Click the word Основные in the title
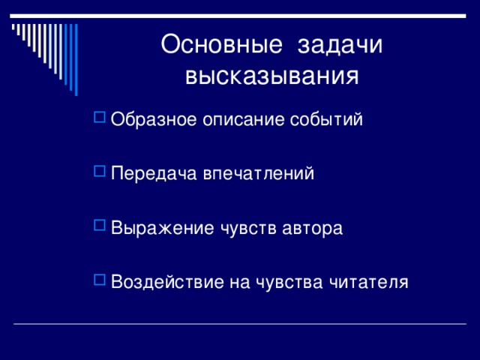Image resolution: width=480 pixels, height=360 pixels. point(221,44)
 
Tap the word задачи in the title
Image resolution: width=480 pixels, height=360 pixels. point(340,45)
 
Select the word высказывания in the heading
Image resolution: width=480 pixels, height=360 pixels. point(271,76)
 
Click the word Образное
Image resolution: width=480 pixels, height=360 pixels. point(154,118)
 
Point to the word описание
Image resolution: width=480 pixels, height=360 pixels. point(244,119)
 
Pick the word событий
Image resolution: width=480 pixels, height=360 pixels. point(326,118)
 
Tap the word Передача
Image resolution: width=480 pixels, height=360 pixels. point(154,173)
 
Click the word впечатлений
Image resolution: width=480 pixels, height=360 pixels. point(259,173)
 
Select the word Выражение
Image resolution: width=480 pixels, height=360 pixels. point(162,228)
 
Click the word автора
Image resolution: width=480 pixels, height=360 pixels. point(312,228)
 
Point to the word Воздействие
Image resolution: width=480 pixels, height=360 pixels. point(167,282)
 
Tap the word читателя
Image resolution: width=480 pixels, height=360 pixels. point(369,282)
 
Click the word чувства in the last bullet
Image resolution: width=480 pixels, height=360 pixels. point(289,282)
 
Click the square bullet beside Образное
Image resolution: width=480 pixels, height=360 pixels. point(100,117)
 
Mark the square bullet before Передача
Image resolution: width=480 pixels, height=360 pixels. point(100,171)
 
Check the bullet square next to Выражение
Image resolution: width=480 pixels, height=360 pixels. point(100,225)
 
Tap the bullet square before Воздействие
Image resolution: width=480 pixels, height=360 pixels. point(100,280)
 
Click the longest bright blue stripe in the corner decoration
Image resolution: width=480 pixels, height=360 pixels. point(76,60)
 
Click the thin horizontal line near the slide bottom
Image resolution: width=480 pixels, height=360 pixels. point(240,323)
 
